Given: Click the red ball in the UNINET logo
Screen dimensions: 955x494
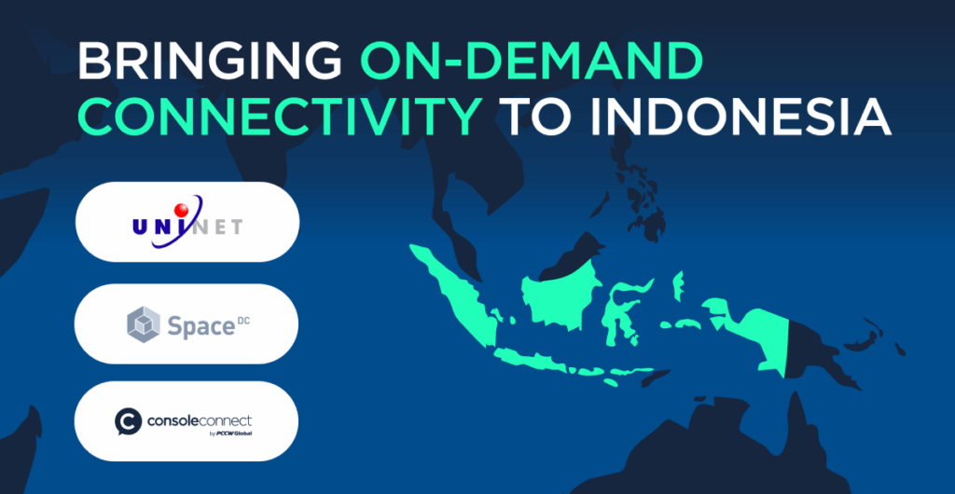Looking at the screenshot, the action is click(x=182, y=211).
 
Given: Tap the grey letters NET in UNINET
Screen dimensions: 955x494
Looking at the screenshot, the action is click(x=219, y=227).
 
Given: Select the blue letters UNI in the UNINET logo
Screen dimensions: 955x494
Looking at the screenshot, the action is click(x=157, y=227).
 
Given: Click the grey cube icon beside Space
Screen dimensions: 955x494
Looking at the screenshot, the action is click(x=144, y=324).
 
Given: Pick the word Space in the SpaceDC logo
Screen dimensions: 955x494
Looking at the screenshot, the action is click(x=198, y=327).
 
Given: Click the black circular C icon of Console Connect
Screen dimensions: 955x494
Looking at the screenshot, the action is click(x=128, y=421).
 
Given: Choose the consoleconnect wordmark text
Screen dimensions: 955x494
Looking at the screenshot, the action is click(x=200, y=420).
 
